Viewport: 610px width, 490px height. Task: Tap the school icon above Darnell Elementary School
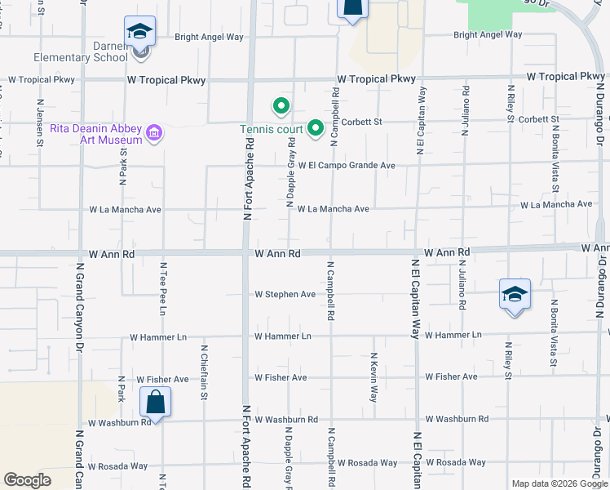[x=140, y=33]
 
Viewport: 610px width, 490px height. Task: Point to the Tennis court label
[x=270, y=129]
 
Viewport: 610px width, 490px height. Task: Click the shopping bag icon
[x=155, y=403]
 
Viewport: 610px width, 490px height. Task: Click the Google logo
[x=27, y=480]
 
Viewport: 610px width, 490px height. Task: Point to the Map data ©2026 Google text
[x=559, y=483]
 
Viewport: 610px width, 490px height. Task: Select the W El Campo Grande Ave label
[x=347, y=166]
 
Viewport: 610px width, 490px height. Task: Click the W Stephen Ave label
[x=285, y=294]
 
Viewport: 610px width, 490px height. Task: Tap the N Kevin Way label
[x=374, y=376]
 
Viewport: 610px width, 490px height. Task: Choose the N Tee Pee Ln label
[x=162, y=289]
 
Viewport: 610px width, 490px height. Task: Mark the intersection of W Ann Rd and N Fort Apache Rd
[x=246, y=253]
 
